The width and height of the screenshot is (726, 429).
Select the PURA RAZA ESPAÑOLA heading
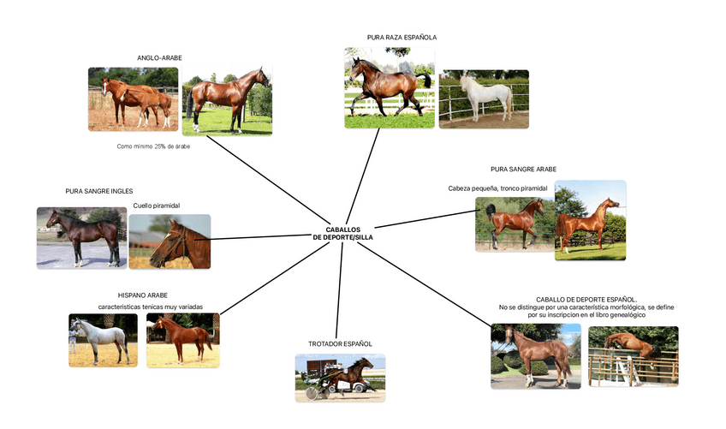(x=402, y=38)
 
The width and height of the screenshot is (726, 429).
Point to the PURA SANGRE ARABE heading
(x=523, y=170)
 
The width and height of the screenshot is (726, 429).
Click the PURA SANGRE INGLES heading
(x=99, y=191)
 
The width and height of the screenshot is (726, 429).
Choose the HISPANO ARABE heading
(x=143, y=295)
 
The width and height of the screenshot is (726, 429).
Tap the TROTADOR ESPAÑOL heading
(x=340, y=343)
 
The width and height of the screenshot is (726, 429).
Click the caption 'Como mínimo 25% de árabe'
(x=153, y=146)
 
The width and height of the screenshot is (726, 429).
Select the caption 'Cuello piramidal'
(x=156, y=206)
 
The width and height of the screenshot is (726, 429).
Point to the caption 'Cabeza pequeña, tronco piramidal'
(x=497, y=188)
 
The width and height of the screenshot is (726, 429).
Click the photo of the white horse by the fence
(x=483, y=99)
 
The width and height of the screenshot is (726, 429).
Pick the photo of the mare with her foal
(x=133, y=98)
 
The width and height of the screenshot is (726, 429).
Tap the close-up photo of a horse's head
(x=170, y=241)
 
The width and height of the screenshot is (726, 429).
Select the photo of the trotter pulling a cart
(x=340, y=378)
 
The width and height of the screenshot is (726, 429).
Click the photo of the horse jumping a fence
(x=633, y=356)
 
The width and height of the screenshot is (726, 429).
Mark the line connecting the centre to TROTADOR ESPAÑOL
(x=340, y=291)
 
